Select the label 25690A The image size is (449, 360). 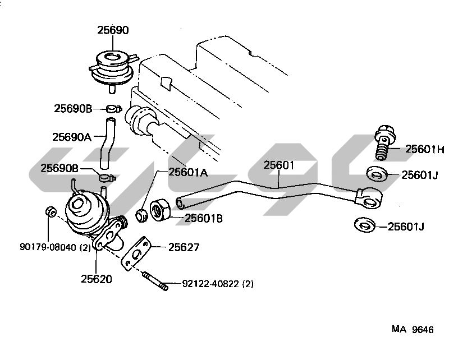pyautogui.click(x=72, y=136)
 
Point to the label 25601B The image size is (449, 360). pyautogui.click(x=204, y=218)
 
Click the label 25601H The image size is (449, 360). pyautogui.click(x=425, y=149)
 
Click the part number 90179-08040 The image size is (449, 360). pyautogui.click(x=47, y=247)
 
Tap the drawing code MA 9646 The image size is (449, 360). pyautogui.click(x=413, y=330)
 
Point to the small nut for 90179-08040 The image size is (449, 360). pyautogui.click(x=49, y=212)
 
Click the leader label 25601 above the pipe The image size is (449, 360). pyautogui.click(x=279, y=165)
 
